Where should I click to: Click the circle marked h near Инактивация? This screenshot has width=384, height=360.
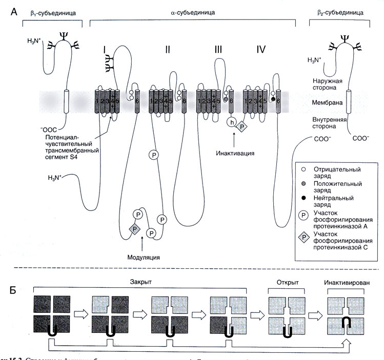pos(232,122)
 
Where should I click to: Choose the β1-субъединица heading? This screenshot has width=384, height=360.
pos(53,11)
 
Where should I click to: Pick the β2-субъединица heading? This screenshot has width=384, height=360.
pos(336,11)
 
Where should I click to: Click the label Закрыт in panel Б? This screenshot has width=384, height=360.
pos(139,282)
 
